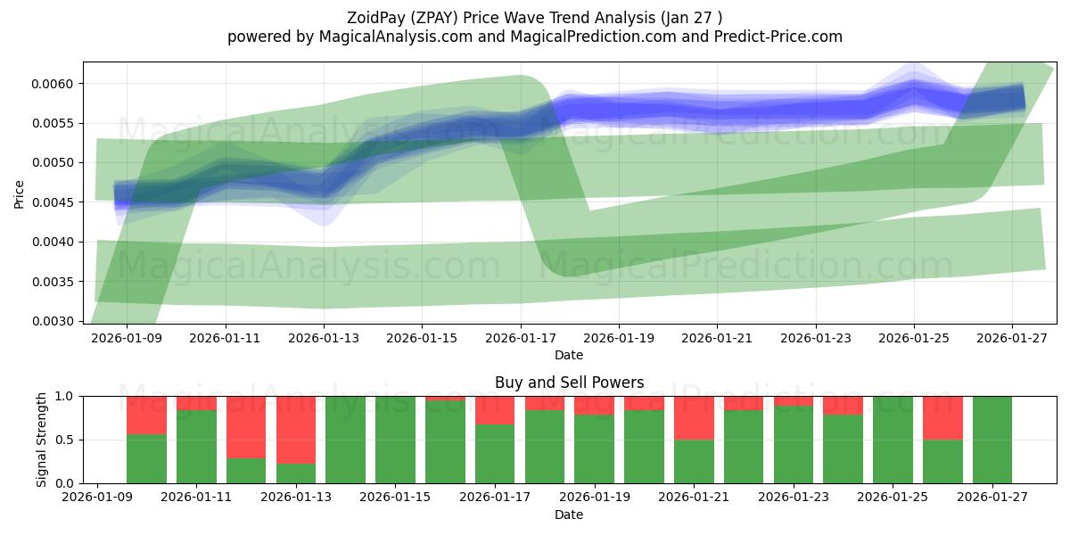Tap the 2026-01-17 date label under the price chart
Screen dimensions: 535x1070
point(520,339)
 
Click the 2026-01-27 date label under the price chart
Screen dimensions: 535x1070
point(1012,339)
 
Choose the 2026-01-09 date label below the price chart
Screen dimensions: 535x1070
point(127,339)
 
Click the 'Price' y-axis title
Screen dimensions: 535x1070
point(20,193)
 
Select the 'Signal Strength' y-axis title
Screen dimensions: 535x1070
point(41,440)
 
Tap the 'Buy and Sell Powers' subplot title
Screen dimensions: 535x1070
point(569,383)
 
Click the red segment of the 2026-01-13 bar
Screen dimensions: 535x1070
point(296,430)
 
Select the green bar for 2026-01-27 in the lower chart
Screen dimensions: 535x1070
point(992,440)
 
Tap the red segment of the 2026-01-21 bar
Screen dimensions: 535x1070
point(694,417)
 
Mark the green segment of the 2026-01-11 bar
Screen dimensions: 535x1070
point(196,446)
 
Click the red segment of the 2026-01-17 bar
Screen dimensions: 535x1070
point(495,410)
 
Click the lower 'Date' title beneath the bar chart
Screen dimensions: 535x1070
point(569,514)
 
